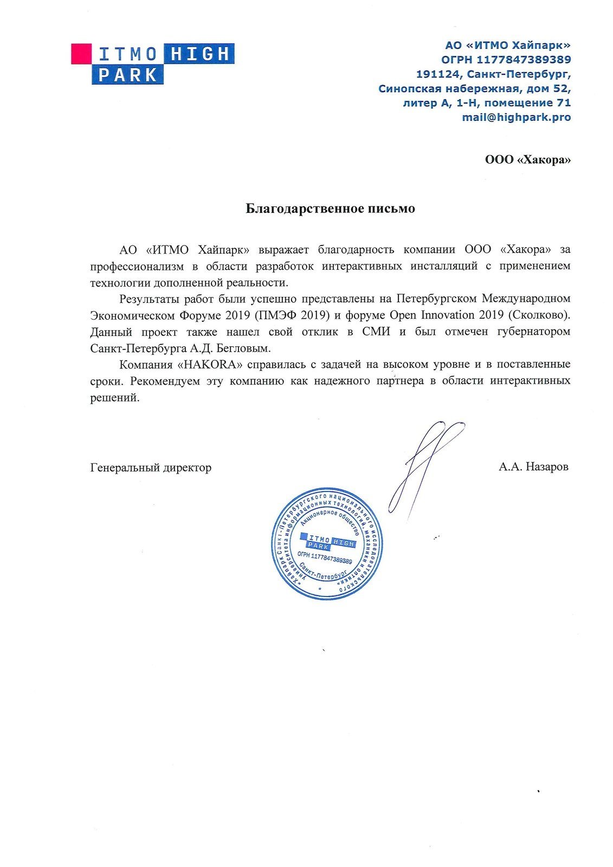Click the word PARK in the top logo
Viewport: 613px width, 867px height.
[128, 75]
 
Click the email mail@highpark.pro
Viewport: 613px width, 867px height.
[516, 117]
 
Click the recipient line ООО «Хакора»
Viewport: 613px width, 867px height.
[527, 160]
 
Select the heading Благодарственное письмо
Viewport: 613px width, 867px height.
[330, 209]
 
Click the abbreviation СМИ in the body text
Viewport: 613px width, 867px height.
[376, 332]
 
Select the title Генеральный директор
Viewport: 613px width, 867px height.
[151, 467]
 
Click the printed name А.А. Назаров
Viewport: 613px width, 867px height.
[533, 467]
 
